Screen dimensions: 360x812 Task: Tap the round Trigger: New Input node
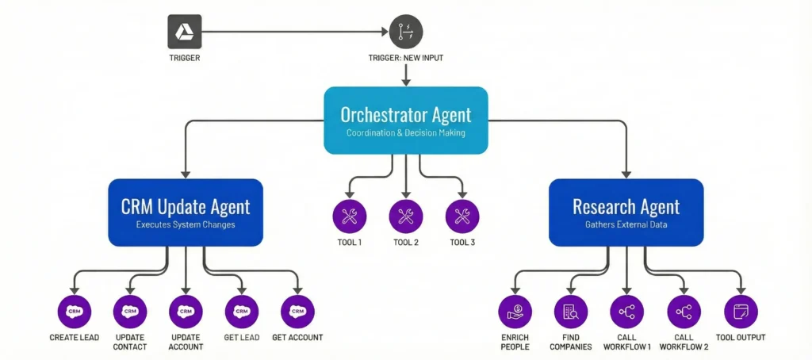[x=406, y=32]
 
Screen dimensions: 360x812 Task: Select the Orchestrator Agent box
[x=406, y=120]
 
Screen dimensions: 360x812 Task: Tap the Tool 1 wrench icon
[x=350, y=215]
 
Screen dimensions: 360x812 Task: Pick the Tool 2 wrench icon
[x=406, y=215]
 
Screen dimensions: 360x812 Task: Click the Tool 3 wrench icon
[x=462, y=215]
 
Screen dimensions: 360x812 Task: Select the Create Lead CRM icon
[x=75, y=312]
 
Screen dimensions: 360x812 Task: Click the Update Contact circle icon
[x=130, y=312]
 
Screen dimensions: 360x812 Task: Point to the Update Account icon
[x=186, y=312]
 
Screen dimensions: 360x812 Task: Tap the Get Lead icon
[x=242, y=312]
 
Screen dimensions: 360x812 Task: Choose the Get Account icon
[x=298, y=312]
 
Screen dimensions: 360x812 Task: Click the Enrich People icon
[x=515, y=312]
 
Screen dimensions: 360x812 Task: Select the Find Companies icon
[x=571, y=312]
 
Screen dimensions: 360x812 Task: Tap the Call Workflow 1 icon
[x=627, y=312]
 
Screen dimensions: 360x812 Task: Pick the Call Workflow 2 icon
[x=684, y=312]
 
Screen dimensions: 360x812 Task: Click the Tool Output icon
[x=741, y=312]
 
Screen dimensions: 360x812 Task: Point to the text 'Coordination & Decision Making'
[x=406, y=132]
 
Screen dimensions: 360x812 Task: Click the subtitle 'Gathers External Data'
[x=626, y=225]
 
